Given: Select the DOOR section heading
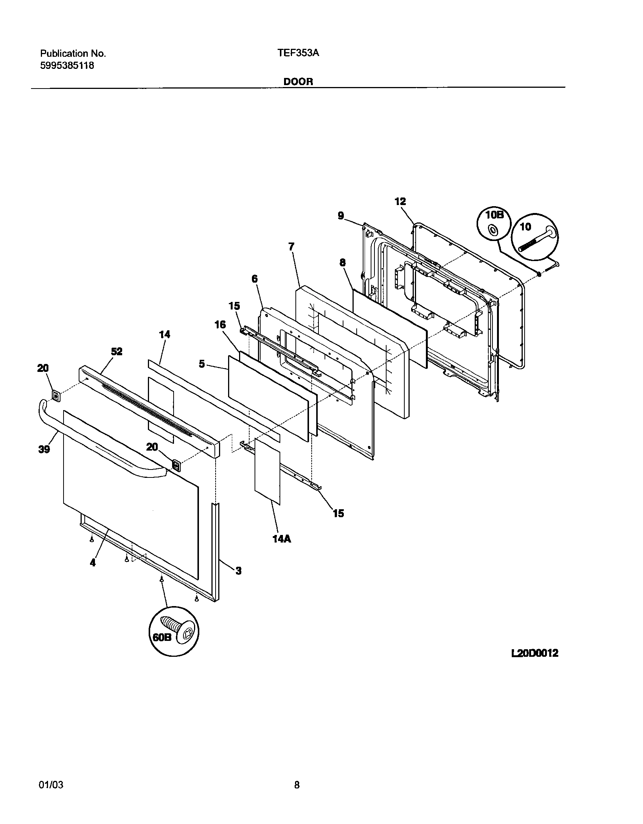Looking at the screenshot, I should [x=298, y=82].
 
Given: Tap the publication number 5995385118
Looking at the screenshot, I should [x=67, y=65].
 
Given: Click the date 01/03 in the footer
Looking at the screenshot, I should [x=51, y=785].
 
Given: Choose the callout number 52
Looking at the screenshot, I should [x=116, y=351].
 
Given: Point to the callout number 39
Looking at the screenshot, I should [x=44, y=449].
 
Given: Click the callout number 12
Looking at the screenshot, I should [x=400, y=202].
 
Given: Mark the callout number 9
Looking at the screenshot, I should [x=341, y=216].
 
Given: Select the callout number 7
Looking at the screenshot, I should [x=291, y=247].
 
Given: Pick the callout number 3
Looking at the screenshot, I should [x=238, y=571].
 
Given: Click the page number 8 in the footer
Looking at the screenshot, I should [x=297, y=785].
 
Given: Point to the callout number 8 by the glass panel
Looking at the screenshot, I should [x=342, y=263].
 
